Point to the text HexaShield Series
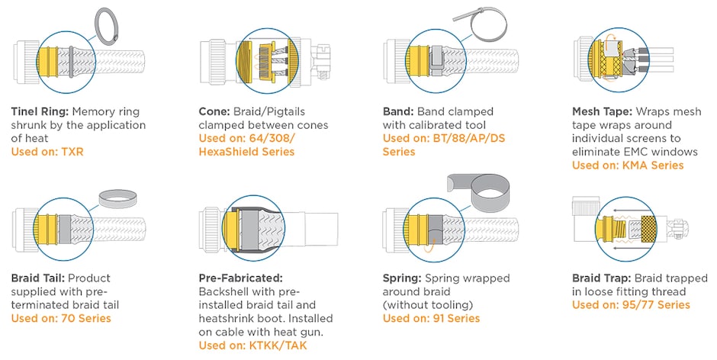pyautogui.click(x=246, y=152)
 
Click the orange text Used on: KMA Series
pyautogui.click(x=628, y=166)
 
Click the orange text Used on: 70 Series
pyautogui.click(x=60, y=318)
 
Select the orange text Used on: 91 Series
pyautogui.click(x=431, y=318)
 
